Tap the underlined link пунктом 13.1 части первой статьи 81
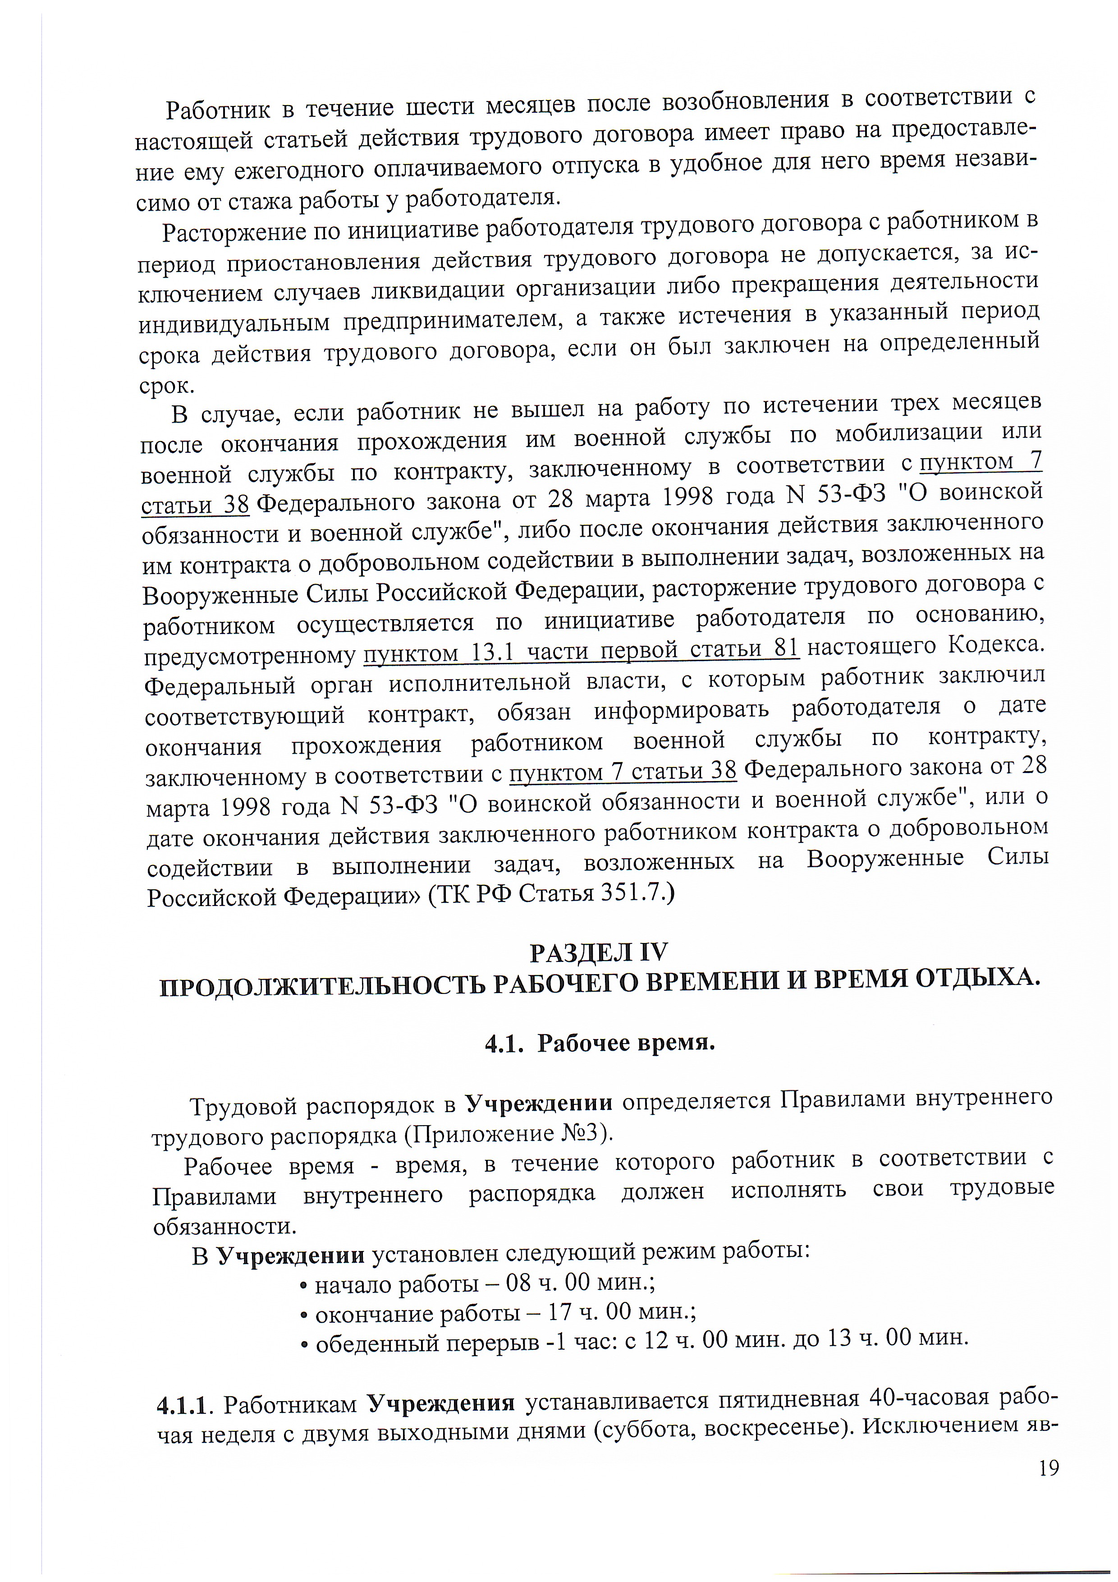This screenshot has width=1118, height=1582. [582, 650]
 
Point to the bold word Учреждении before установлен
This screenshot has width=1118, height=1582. [291, 1255]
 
